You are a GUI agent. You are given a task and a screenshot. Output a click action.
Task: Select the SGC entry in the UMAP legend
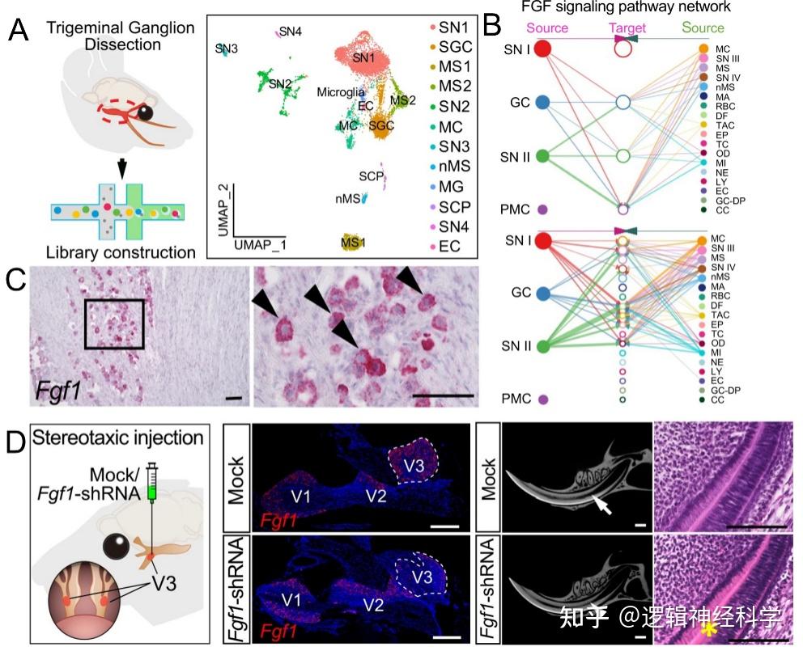[x=455, y=49]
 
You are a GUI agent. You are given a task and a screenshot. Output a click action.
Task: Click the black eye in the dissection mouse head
[x=146, y=112]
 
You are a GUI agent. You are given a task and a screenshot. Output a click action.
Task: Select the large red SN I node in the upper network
[x=543, y=49]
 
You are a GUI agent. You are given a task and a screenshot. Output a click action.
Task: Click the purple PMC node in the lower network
[x=543, y=399]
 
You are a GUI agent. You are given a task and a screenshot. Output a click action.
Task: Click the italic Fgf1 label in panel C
[x=57, y=394]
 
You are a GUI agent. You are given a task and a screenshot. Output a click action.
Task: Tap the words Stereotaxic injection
[x=118, y=439]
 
